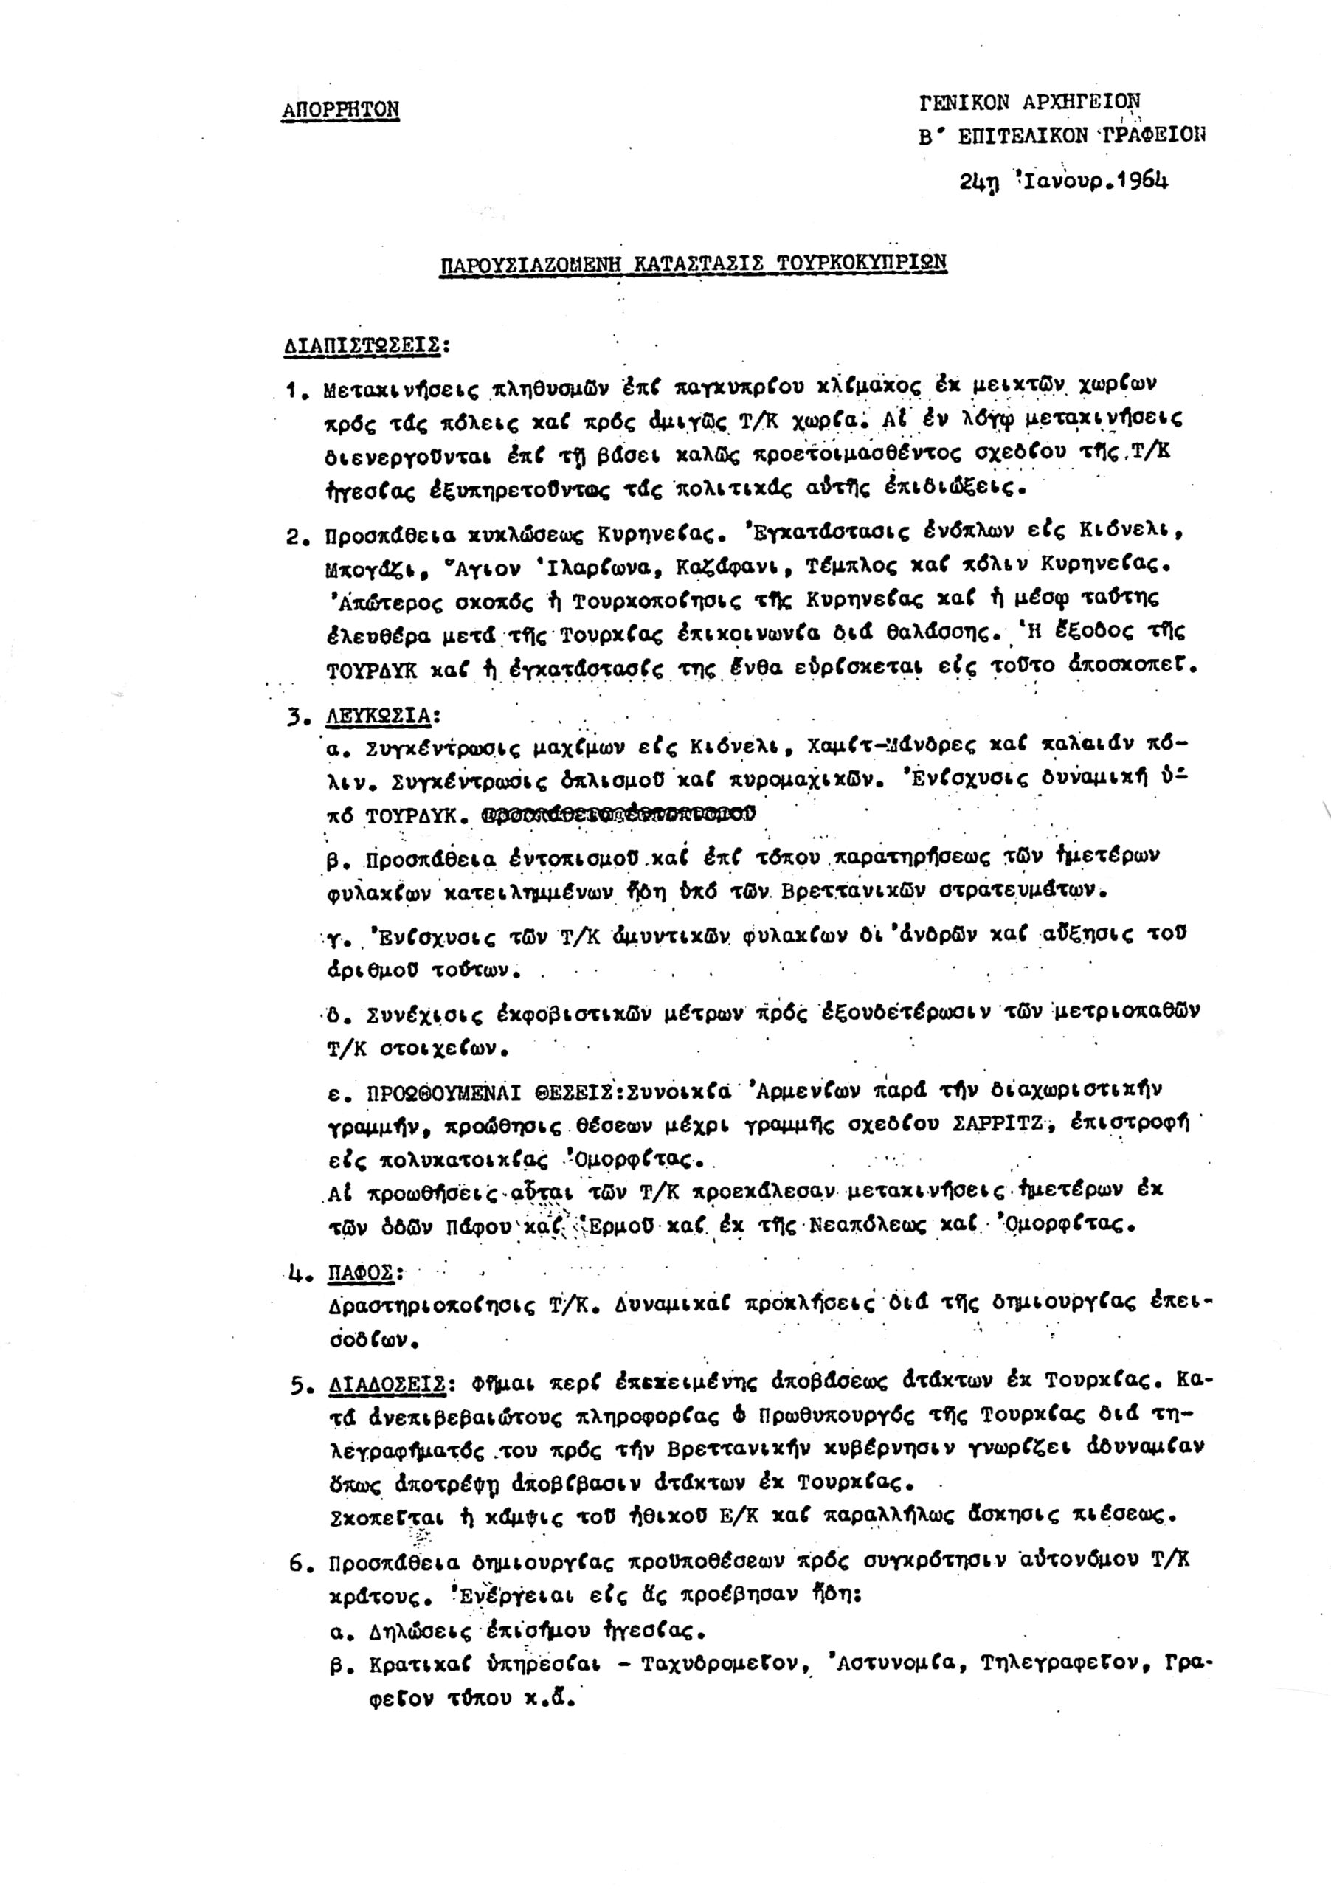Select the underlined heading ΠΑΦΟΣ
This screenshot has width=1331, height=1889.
point(360,1274)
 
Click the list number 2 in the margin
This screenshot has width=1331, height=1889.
point(294,537)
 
